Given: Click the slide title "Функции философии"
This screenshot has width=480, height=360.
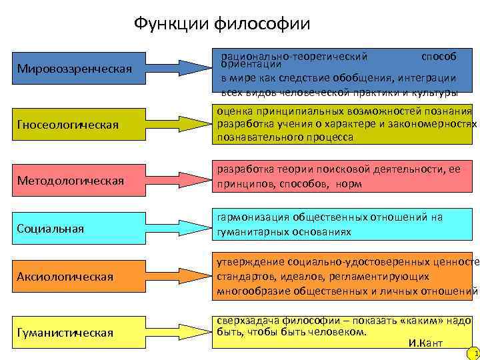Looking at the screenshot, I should pos(222,24).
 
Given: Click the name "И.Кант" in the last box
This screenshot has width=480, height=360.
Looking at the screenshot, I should pos(424,343).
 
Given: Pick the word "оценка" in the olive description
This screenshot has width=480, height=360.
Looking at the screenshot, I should pos(233,111).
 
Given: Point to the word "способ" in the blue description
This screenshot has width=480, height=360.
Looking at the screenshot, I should pos(439,56).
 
